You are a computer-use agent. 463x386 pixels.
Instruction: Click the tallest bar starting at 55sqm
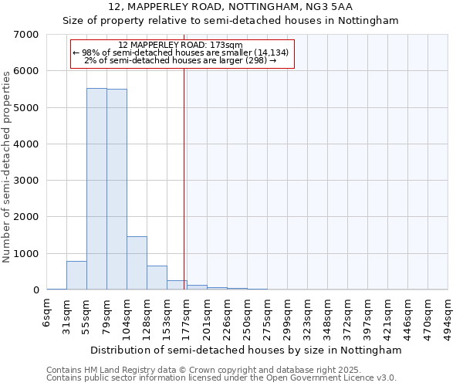point(96,189)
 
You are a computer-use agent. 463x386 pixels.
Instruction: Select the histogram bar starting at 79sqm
point(117,189)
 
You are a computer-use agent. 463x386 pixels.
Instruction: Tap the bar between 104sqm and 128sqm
point(137,262)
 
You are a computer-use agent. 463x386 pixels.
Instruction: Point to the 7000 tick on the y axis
point(27,35)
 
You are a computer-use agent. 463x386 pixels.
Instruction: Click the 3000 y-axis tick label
point(27,181)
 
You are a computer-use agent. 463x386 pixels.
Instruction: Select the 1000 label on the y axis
point(27,254)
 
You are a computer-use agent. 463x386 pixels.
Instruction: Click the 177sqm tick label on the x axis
point(187,314)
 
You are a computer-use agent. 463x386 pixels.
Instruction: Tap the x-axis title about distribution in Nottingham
point(246,350)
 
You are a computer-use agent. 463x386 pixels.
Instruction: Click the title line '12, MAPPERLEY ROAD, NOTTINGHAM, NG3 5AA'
point(231,7)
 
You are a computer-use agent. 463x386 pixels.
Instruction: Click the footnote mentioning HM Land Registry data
point(193,370)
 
